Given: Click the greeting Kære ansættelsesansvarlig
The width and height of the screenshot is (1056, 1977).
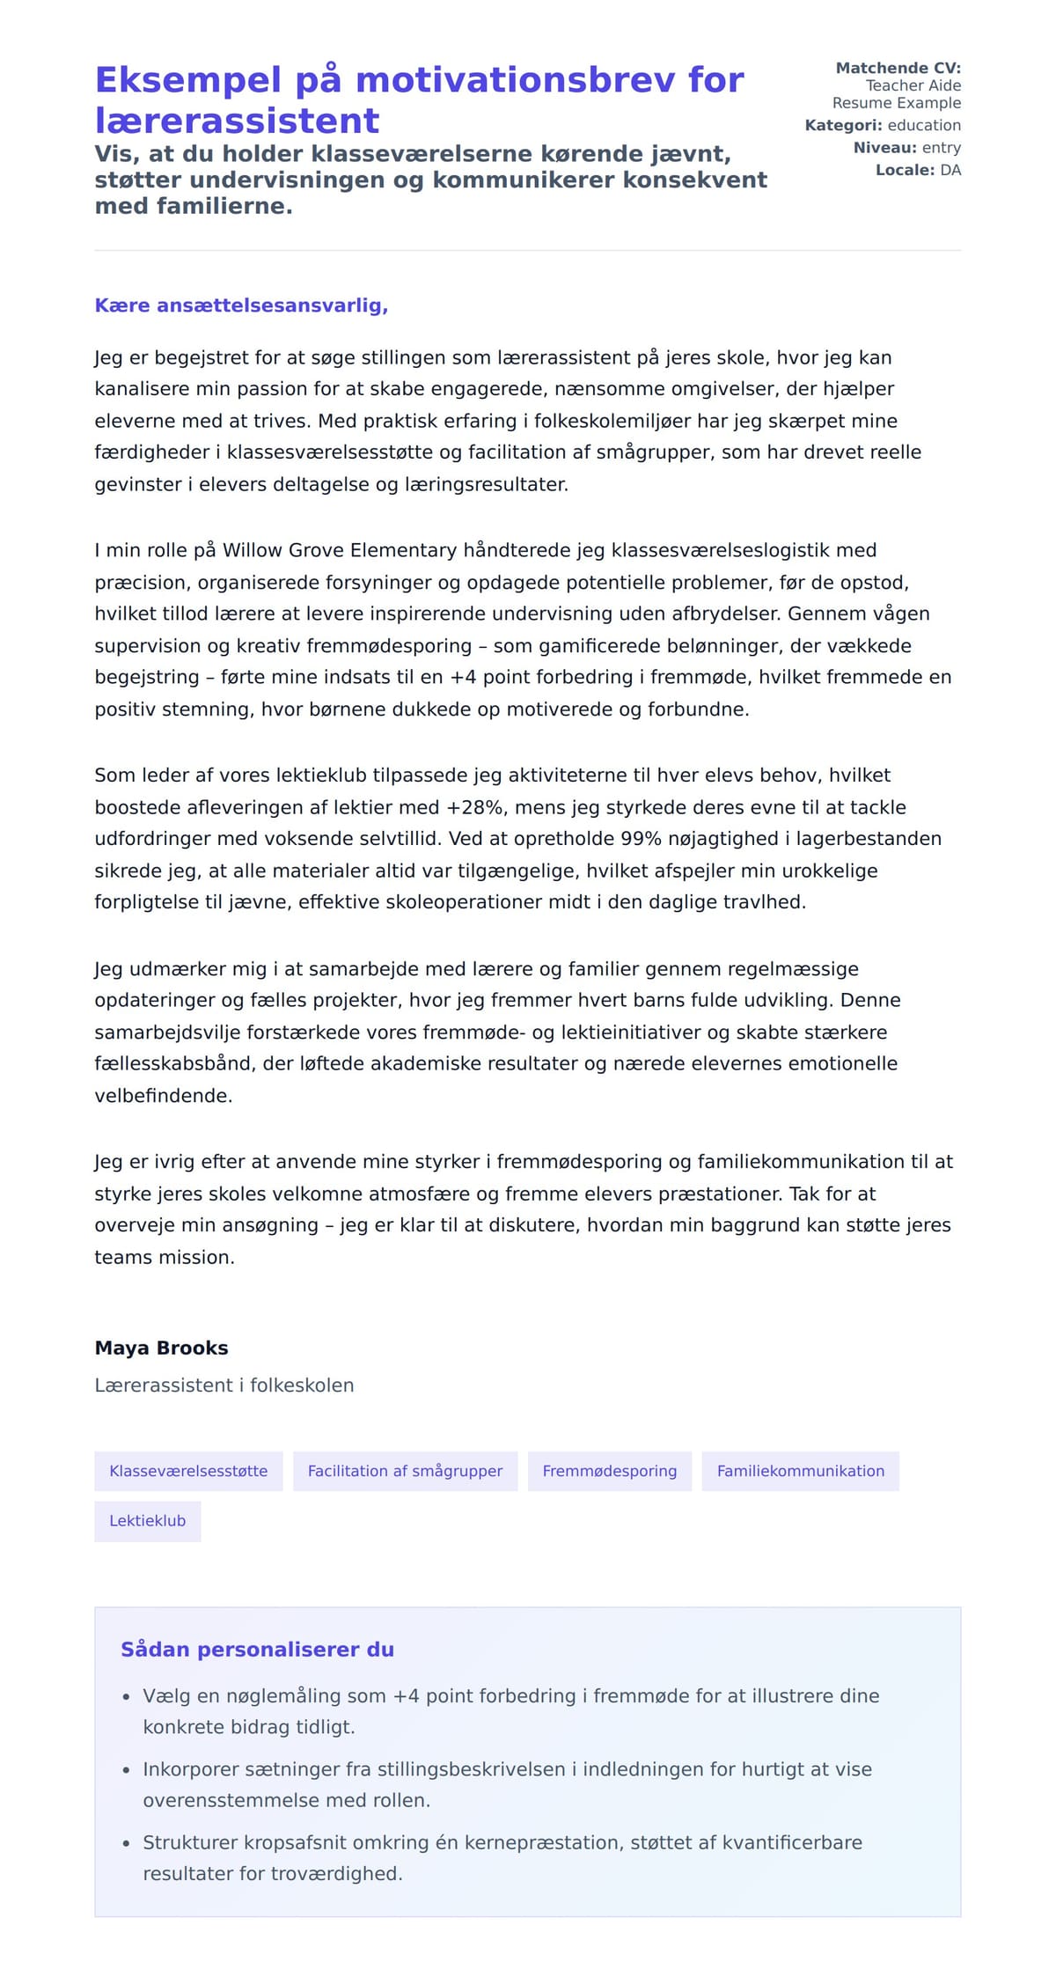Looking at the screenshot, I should pos(241,305).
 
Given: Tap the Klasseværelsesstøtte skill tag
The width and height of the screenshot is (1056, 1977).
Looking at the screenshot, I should pos(188,1471).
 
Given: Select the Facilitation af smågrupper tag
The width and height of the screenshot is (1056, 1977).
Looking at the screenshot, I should pos(405,1471).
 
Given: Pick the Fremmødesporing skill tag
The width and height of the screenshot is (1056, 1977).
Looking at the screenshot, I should pos(609,1471).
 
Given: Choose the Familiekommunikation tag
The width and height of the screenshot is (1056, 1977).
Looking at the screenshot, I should pos(800,1471).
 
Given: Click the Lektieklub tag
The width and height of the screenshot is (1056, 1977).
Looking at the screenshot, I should pos(147,1521).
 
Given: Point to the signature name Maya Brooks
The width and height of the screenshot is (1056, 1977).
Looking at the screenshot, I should pos(161,1348).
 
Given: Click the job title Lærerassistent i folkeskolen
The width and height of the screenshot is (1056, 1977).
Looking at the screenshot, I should pos(224,1385).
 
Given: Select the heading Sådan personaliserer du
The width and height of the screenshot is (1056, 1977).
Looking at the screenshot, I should pos(257,1650).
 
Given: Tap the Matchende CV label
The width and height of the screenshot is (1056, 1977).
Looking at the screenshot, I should pos(898,68).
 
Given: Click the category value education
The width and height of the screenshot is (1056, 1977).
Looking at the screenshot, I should pos(924,125).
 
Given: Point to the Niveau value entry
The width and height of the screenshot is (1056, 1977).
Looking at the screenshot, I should pos(941,148).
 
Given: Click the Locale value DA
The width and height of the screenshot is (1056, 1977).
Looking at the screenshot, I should pos(950,170).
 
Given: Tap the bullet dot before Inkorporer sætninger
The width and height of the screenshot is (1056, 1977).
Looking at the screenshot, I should pos(126,1770).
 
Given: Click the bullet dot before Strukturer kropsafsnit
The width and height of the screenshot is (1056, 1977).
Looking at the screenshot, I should pos(126,1843).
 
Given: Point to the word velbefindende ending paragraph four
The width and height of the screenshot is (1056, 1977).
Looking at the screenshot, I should pos(163,1096).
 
